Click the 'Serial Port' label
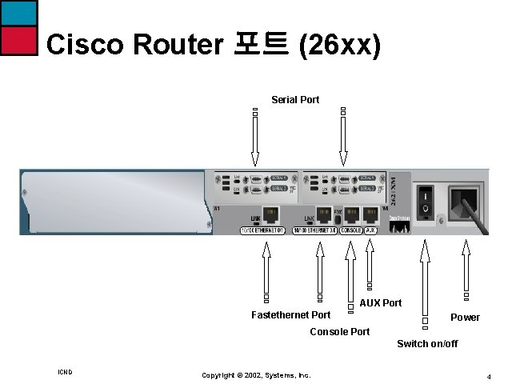[x=295, y=100]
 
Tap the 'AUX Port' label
[x=381, y=303]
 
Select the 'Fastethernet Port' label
[x=290, y=315]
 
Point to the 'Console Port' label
[x=339, y=331]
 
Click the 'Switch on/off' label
[x=427, y=344]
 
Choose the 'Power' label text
[x=465, y=318]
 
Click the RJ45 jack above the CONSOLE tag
[x=350, y=214]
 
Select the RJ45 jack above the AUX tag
[x=370, y=214]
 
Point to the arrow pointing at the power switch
[x=425, y=280]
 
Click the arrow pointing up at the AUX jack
[x=370, y=264]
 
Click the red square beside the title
[x=18, y=40]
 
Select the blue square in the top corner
[x=18, y=12]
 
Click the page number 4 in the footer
[x=488, y=375]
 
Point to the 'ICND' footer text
[x=66, y=372]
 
